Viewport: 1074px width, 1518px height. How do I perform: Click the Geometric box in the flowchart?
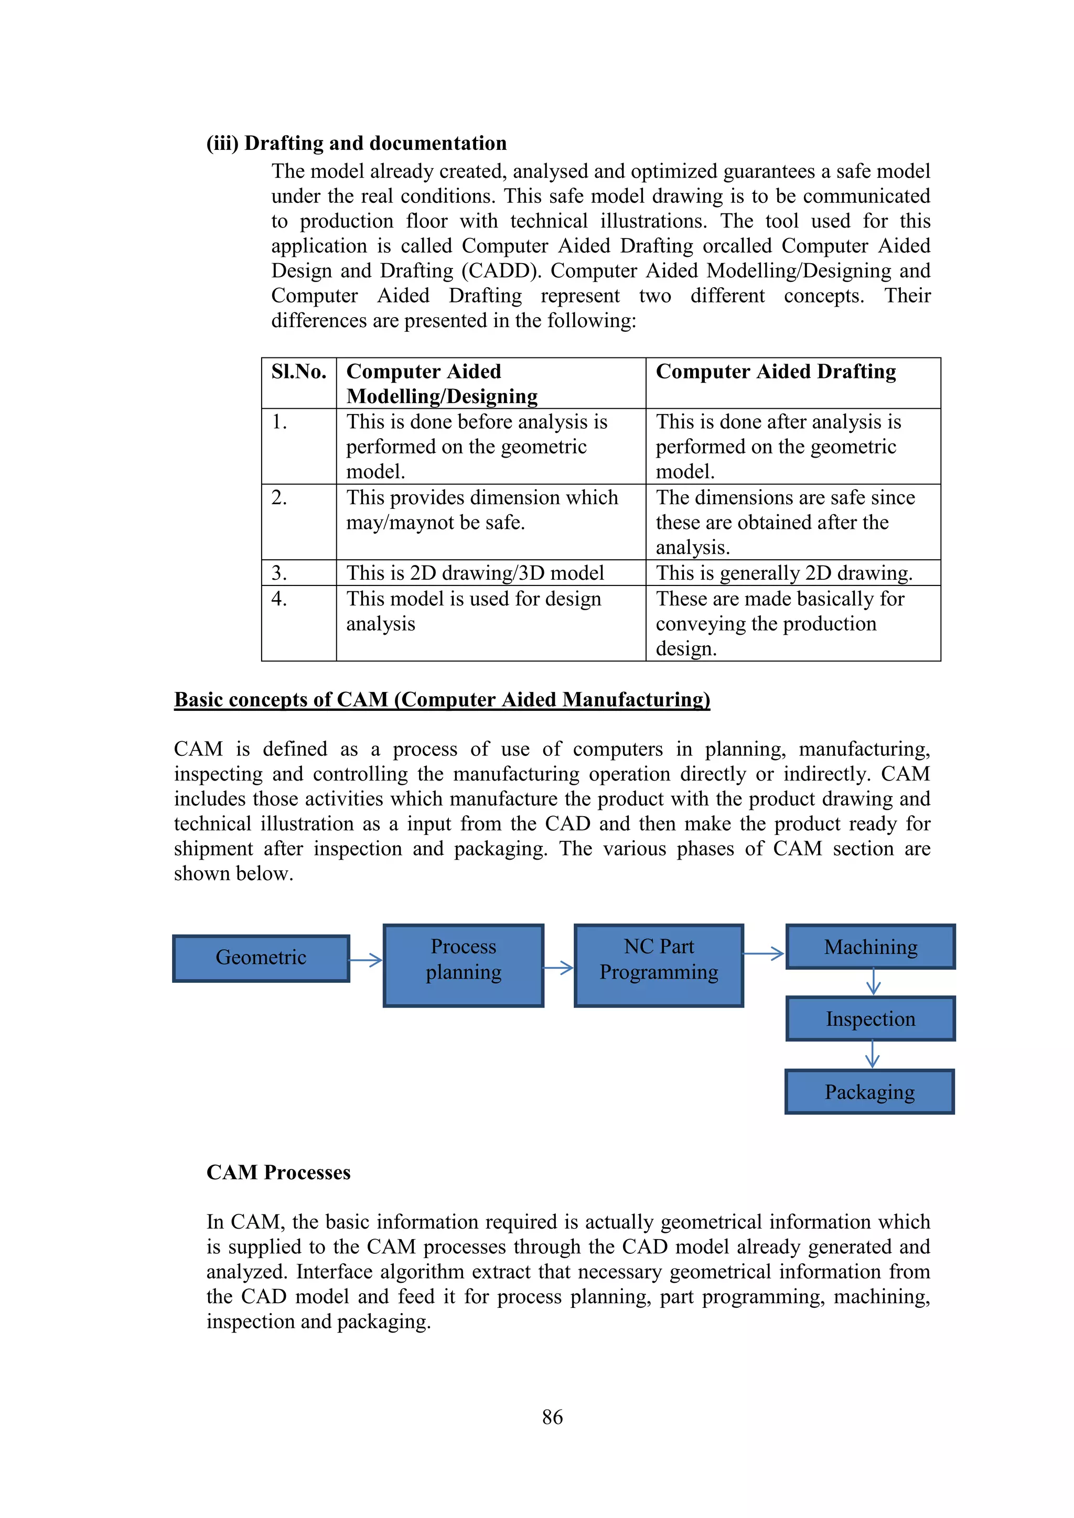coord(261,958)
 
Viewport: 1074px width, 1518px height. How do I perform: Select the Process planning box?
coord(463,966)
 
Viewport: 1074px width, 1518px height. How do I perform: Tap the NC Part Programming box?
coord(659,966)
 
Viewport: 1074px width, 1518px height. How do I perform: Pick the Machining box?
coord(871,947)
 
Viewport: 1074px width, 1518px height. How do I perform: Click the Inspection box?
coord(871,1019)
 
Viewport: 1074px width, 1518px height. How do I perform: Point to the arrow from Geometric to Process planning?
coord(366,960)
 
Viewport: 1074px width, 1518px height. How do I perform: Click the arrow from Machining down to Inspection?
coord(873,982)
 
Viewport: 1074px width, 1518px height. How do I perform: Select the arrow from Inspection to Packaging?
coord(872,1055)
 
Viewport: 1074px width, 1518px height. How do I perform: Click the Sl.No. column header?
coord(299,372)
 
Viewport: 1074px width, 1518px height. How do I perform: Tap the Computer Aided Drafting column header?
coord(776,372)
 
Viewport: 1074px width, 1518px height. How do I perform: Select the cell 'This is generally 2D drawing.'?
coord(783,573)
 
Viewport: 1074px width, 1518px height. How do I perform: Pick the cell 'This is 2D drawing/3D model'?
coord(475,573)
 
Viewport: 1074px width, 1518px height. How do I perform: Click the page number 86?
coord(552,1417)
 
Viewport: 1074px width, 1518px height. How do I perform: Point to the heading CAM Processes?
coord(278,1172)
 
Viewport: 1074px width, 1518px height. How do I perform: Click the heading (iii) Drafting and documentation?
coord(357,144)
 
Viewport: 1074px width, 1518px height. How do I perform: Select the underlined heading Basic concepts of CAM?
coord(442,699)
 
